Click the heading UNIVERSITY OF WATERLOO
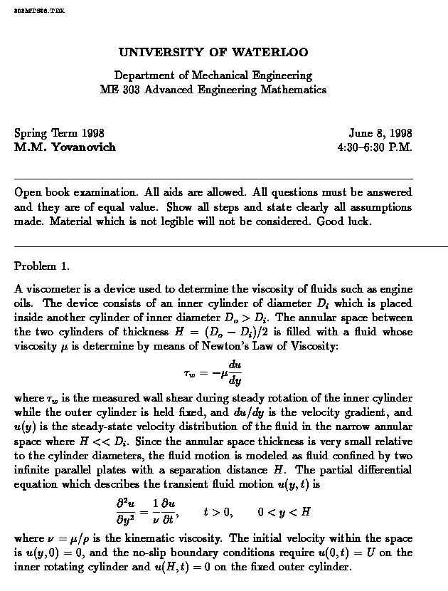click(213, 53)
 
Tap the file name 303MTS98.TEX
click(39, 18)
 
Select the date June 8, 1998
click(380, 133)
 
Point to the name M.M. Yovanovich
click(65, 147)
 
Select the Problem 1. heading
click(42, 266)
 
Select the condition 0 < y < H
click(284, 511)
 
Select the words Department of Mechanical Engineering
click(213, 75)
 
